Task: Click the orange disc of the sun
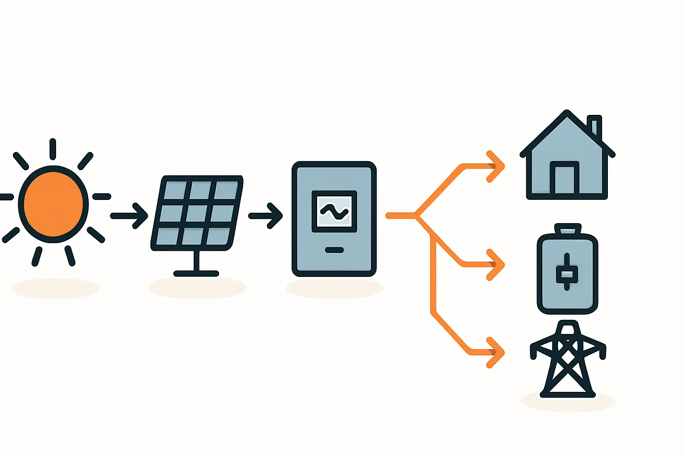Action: pyautogui.click(x=53, y=204)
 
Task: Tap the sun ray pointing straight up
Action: pyautogui.click(x=53, y=149)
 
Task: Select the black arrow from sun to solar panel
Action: pyautogui.click(x=129, y=216)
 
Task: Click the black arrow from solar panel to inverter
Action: pyautogui.click(x=266, y=216)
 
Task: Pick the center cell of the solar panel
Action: pyautogui.click(x=196, y=213)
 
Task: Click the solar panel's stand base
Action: pyautogui.click(x=196, y=273)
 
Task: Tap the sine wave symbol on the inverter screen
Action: pyautogui.click(x=334, y=212)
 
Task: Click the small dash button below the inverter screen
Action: pyautogui.click(x=334, y=250)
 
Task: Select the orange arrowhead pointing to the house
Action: pyautogui.click(x=497, y=167)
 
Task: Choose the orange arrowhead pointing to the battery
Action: pyautogui.click(x=497, y=265)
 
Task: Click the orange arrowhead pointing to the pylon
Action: pyautogui.click(x=497, y=353)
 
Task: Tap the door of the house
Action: pyautogui.click(x=564, y=179)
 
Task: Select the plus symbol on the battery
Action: pyautogui.click(x=567, y=272)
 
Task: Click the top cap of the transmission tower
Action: pyautogui.click(x=568, y=329)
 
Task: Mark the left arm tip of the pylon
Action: pyautogui.click(x=533, y=352)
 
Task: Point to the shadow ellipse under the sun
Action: pyautogui.click(x=55, y=288)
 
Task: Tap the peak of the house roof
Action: pyautogui.click(x=567, y=113)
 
